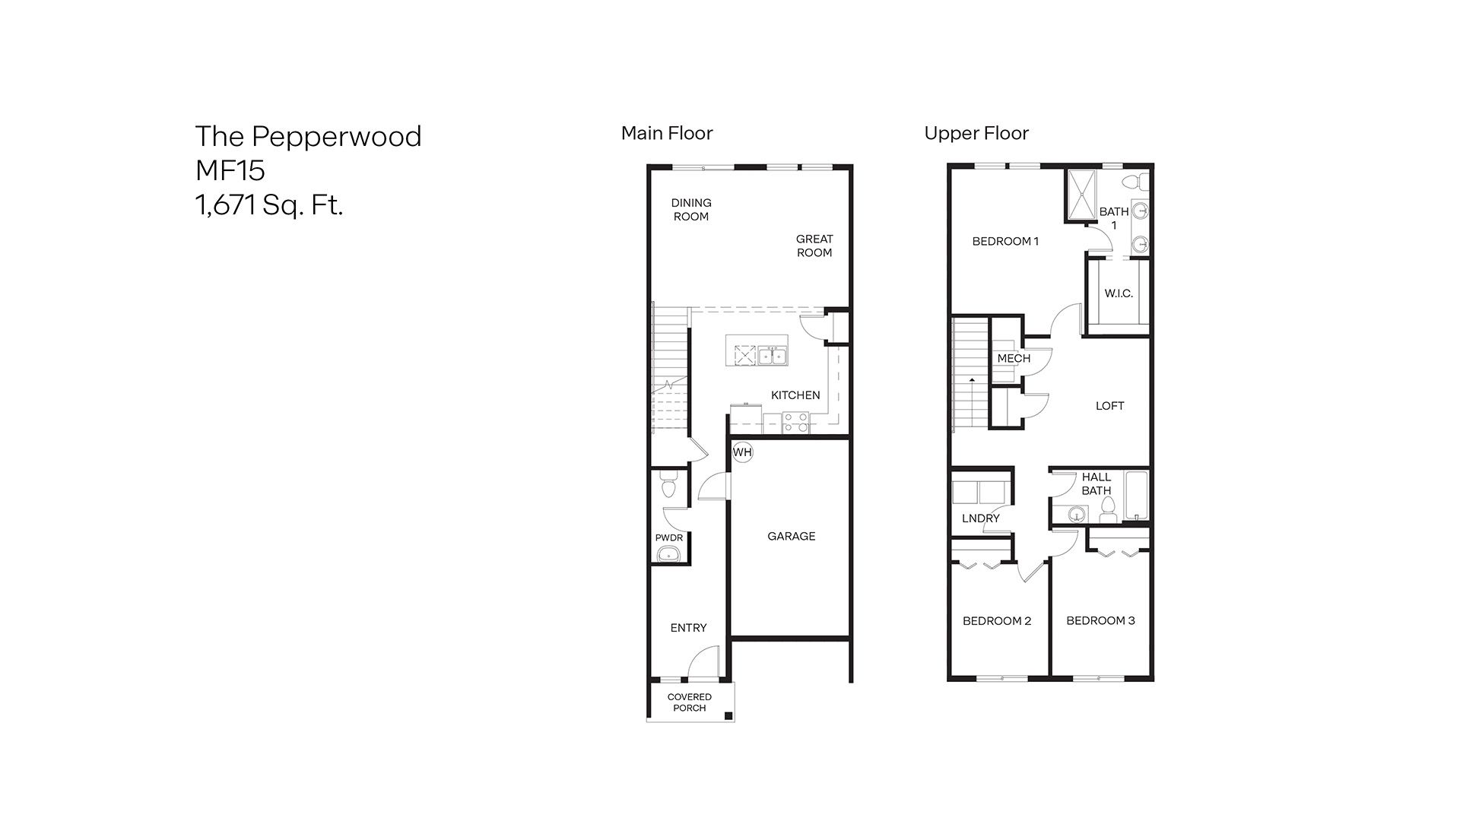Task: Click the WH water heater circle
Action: [742, 452]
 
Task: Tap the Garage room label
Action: [791, 536]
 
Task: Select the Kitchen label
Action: [795, 395]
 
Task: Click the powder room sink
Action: [669, 553]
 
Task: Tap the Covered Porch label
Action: [690, 702]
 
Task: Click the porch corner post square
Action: [728, 715]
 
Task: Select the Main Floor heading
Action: [667, 133]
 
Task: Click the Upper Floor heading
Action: [976, 133]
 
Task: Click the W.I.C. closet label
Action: [1119, 293]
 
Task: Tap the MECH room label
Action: [1014, 358]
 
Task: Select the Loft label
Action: [1109, 405]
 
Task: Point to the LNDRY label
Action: [980, 518]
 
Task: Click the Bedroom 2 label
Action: [997, 620]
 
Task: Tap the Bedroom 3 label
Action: [1100, 620]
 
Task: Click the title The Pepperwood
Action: [308, 136]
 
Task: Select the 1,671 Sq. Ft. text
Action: [269, 204]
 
